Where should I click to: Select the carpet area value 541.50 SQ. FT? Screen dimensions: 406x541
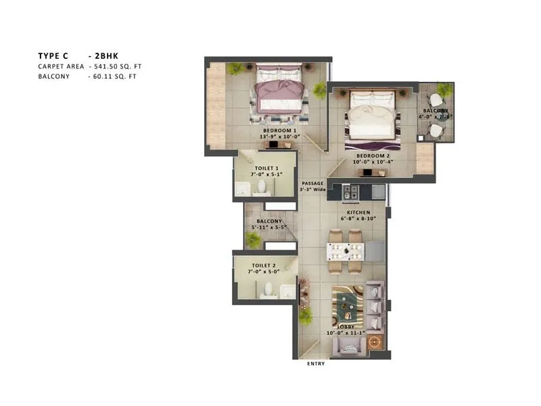[116, 66]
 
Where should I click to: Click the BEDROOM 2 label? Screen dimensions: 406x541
[370, 156]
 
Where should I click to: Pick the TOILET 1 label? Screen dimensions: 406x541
[265, 168]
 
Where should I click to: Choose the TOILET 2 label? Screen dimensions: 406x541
[264, 266]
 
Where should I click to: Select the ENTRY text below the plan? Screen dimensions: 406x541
[316, 363]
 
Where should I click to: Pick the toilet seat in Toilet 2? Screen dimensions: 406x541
[267, 290]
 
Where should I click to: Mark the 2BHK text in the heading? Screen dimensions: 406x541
[106, 55]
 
